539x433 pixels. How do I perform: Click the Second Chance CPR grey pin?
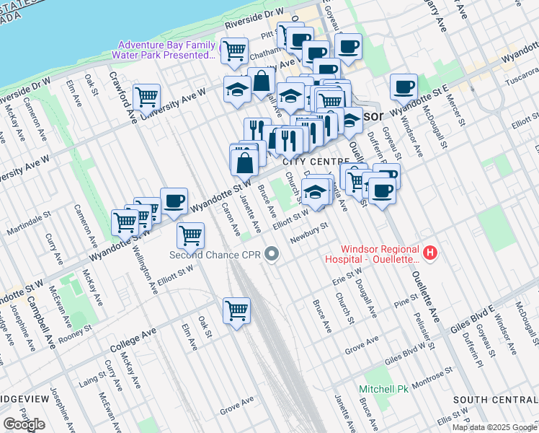tap(272, 253)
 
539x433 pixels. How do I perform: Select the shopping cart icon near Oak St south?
tap(236, 310)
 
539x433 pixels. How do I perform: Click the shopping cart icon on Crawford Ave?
tap(146, 96)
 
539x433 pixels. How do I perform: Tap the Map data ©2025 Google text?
tap(494, 427)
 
